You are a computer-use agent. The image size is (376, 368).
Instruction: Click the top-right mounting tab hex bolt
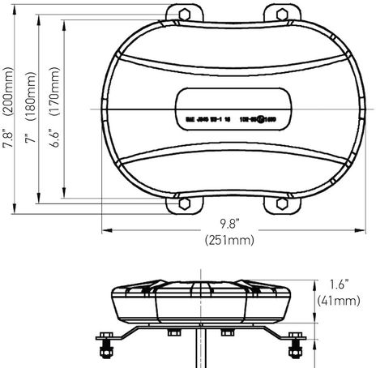point(280,14)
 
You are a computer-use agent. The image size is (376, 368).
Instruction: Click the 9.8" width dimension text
point(230,223)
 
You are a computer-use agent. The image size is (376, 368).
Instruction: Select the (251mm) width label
point(230,239)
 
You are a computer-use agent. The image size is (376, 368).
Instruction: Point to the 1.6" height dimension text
point(339,285)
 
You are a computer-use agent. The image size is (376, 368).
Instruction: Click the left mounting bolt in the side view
point(106,349)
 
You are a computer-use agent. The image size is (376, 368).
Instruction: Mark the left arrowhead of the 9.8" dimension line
point(104,230)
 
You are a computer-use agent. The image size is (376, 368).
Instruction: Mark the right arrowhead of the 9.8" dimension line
point(357,230)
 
